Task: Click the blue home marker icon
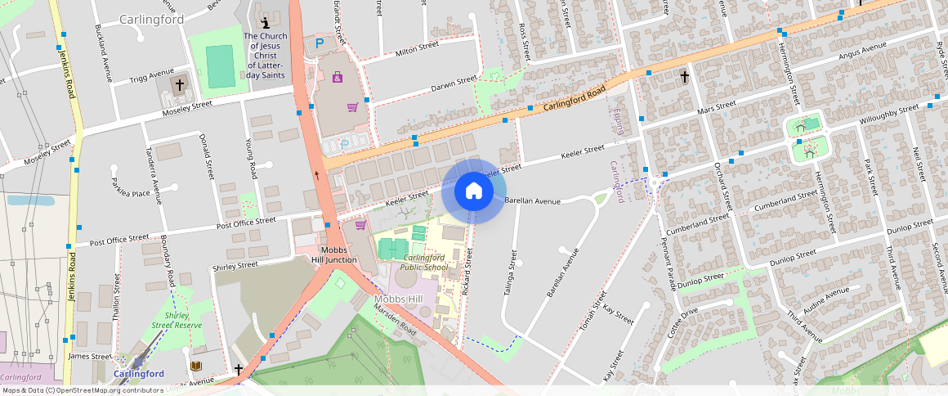(x=473, y=191)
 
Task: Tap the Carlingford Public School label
(x=424, y=263)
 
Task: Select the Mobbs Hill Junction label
(x=333, y=254)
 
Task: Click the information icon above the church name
(x=263, y=23)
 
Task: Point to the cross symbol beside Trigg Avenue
(x=179, y=84)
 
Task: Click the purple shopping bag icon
(x=337, y=78)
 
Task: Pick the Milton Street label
(x=417, y=50)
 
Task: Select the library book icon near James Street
(x=196, y=366)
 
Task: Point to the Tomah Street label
(x=594, y=316)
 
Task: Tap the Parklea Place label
(x=131, y=193)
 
